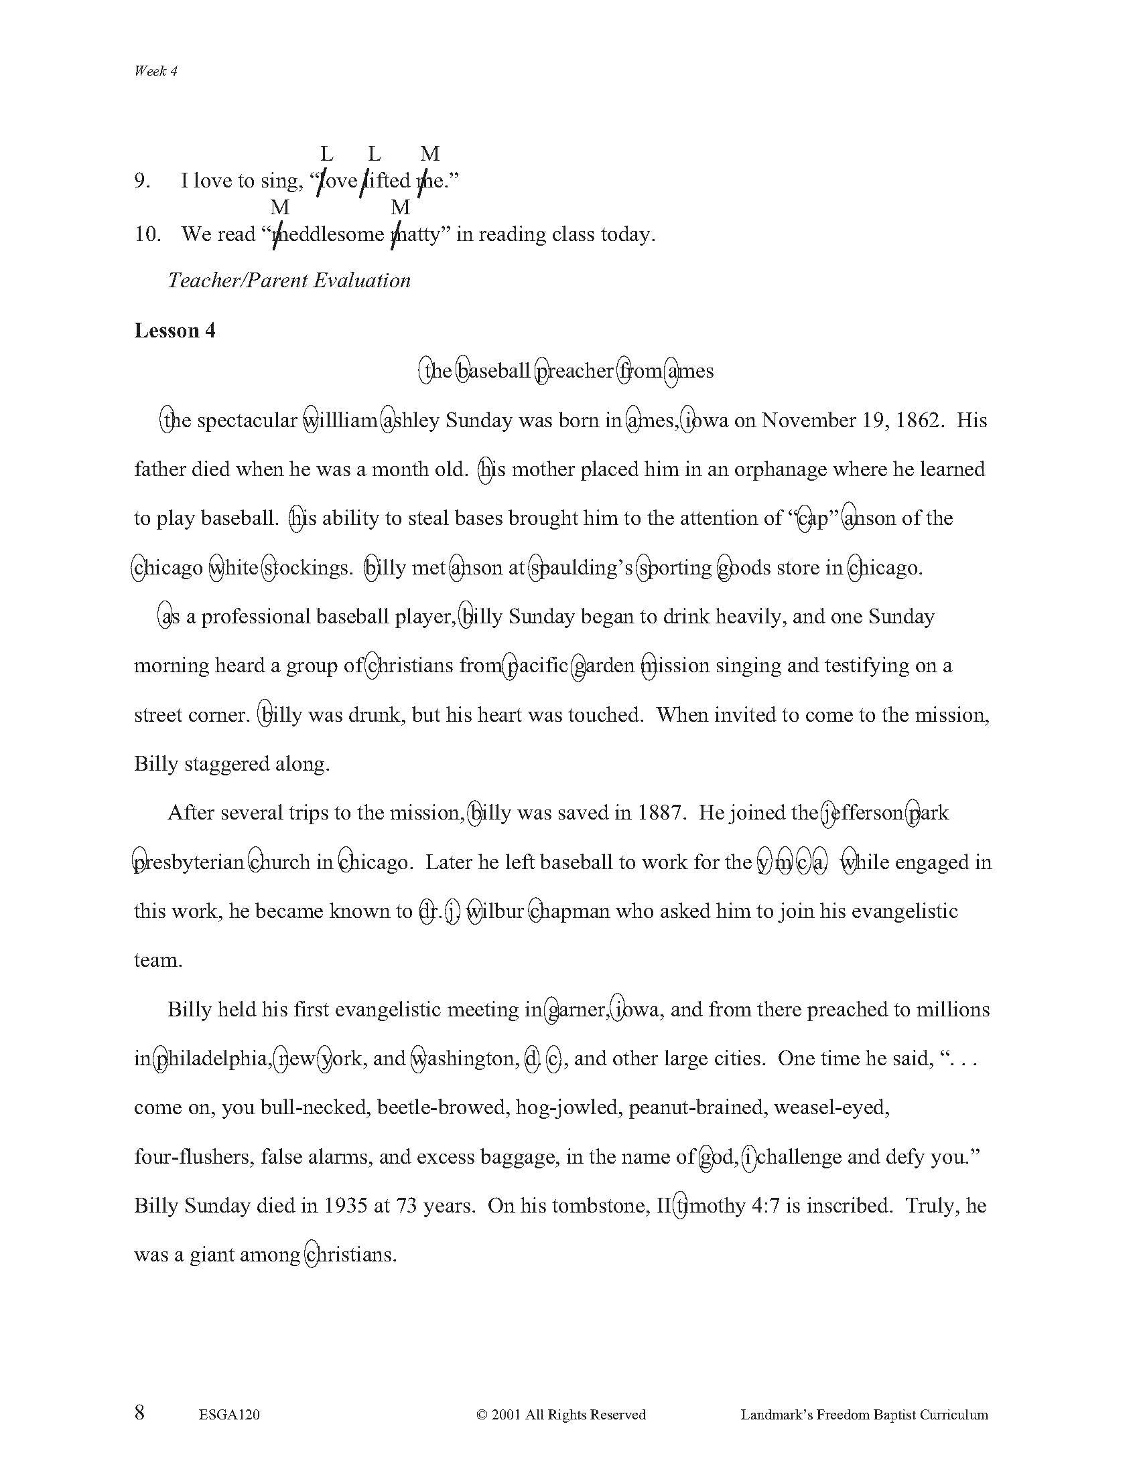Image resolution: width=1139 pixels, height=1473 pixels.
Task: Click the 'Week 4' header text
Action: pos(155,71)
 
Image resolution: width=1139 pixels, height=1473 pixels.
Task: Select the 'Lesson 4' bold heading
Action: pos(175,331)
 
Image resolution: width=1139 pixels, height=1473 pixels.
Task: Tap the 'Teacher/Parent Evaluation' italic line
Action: pos(289,281)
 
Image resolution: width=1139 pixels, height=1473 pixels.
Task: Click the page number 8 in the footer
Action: pos(139,1393)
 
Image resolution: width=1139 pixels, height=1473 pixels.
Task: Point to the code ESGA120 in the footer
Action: pos(229,1395)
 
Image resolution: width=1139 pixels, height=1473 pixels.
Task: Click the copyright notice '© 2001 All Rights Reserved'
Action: pos(561,1395)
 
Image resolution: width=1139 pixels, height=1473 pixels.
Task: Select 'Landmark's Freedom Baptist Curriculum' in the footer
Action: pos(864,1395)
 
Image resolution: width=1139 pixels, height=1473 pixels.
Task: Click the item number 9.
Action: pos(142,181)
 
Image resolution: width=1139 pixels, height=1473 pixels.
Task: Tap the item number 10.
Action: pos(148,234)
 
